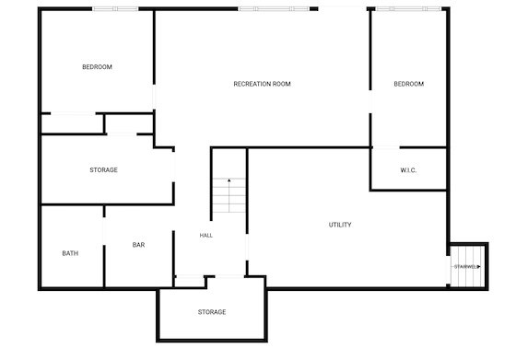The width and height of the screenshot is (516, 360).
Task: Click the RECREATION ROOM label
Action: (x=262, y=84)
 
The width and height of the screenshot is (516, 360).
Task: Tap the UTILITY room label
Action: (x=340, y=225)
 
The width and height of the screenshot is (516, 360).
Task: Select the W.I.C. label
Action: (x=408, y=170)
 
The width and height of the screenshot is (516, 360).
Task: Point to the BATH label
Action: (x=70, y=253)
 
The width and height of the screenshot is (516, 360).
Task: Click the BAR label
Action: (x=138, y=245)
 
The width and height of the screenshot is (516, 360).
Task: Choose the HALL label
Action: (x=206, y=236)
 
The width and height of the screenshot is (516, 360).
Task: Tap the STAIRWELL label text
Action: (x=467, y=267)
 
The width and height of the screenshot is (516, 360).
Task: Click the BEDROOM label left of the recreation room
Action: (x=97, y=67)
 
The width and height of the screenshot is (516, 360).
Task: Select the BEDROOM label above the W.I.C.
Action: (x=409, y=84)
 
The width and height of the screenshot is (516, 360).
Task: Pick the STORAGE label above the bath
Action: (x=103, y=170)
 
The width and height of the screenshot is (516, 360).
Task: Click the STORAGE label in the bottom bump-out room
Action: (x=212, y=312)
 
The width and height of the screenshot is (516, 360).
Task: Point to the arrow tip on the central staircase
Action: (x=229, y=180)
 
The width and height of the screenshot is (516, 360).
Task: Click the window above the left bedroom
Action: (x=115, y=9)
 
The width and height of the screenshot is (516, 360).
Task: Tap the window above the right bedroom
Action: (x=408, y=9)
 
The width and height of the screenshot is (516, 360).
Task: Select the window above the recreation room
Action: (x=274, y=9)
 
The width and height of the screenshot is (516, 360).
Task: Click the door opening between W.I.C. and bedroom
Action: (x=386, y=147)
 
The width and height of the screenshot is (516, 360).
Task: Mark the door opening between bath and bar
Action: (x=104, y=231)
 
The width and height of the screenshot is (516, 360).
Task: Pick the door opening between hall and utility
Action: (x=247, y=248)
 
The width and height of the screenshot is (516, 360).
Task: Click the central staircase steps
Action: (x=229, y=195)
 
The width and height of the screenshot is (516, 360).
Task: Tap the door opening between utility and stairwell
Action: (x=448, y=270)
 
